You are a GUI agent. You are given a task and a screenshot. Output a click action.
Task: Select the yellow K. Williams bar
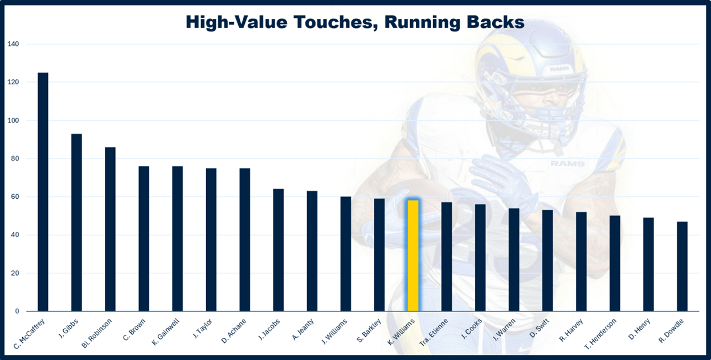pos(413,256)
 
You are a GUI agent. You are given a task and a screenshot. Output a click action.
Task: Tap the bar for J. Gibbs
pos(76,223)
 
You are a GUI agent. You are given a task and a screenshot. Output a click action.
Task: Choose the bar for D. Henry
pos(648,264)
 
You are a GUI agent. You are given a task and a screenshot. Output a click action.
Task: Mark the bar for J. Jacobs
pos(278,250)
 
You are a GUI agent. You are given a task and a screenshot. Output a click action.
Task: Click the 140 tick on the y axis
pos(13,44)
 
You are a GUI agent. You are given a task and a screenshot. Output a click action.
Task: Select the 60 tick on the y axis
pos(14,197)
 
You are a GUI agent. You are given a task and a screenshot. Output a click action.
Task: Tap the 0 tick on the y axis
pos(17,312)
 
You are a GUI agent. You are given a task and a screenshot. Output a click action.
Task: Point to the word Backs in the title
pos(497,22)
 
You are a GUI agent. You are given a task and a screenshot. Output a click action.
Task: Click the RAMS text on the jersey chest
pos(567,164)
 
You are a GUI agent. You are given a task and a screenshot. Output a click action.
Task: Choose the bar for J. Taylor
pos(211,240)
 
